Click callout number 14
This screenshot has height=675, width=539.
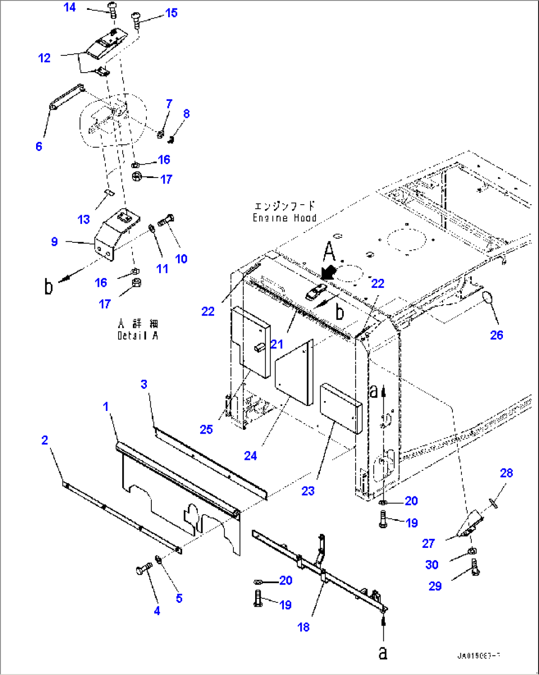tap(70, 7)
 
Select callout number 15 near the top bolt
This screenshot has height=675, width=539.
tap(171, 13)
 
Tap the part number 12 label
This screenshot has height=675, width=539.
tap(45, 58)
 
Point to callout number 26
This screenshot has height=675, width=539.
tap(496, 335)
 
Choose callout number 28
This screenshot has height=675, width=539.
tap(506, 473)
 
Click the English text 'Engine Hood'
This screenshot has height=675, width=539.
tap(284, 218)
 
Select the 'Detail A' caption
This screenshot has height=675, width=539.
tap(137, 336)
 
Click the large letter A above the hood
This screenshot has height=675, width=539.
tap(329, 252)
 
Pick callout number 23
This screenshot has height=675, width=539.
tap(308, 491)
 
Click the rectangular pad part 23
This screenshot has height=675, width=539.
tap(340, 408)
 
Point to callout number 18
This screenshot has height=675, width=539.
tap(304, 627)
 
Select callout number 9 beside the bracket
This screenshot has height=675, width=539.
tap(54, 242)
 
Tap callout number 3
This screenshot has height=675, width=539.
tap(144, 384)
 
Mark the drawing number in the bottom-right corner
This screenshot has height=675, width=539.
tap(478, 656)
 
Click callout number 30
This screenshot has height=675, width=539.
tap(432, 565)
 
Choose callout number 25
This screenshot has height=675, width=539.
tap(206, 429)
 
